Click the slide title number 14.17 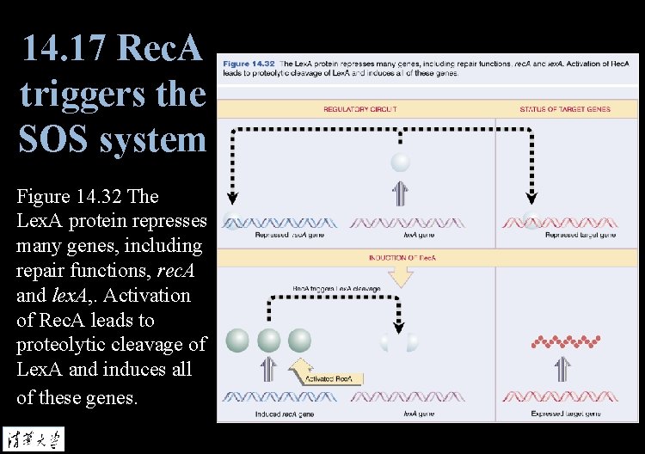(x=64, y=48)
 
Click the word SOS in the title (x=54, y=138)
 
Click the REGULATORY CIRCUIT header (x=359, y=109)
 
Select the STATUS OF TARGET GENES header (x=565, y=109)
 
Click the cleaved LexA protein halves (x=401, y=341)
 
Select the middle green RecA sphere (x=269, y=340)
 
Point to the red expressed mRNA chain (x=564, y=341)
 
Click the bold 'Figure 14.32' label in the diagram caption (x=249, y=64)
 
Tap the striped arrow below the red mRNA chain (x=563, y=370)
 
